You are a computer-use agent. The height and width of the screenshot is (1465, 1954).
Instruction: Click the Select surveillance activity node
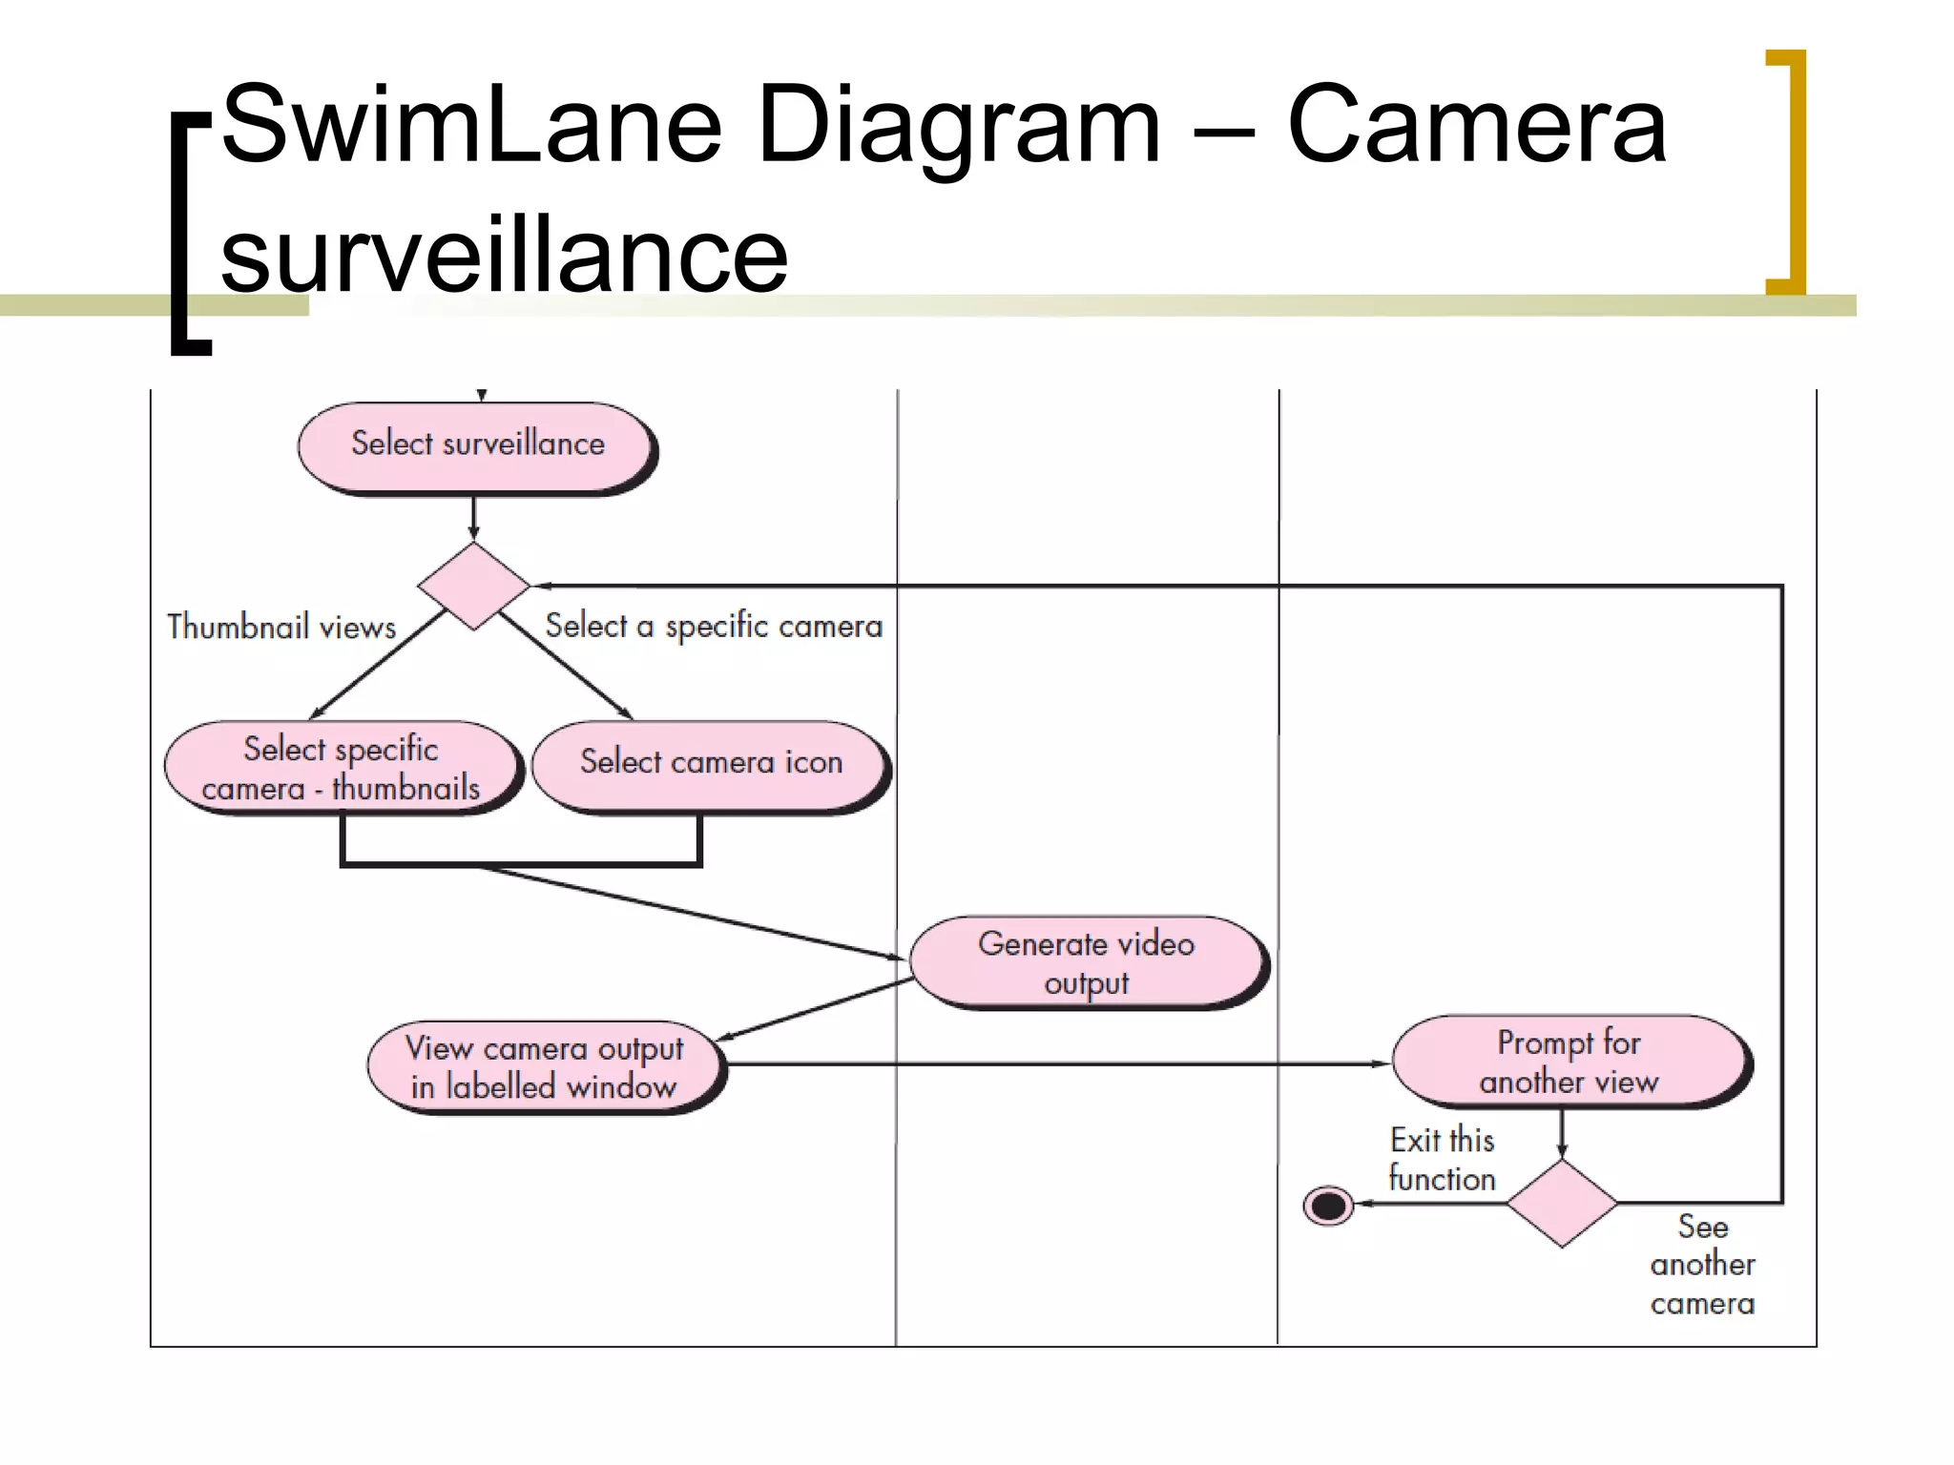(x=477, y=446)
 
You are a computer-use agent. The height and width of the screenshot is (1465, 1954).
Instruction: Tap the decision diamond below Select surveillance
(x=473, y=586)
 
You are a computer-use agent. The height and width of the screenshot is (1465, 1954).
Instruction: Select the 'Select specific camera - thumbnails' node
(x=343, y=768)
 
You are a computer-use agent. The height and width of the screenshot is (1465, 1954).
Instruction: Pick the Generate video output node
(x=1087, y=962)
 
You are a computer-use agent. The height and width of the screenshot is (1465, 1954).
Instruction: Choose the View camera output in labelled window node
(x=544, y=1066)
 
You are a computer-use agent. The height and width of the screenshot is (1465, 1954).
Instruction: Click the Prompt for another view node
(x=1569, y=1061)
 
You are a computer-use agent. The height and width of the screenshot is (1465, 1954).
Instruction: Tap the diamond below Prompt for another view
(x=1562, y=1204)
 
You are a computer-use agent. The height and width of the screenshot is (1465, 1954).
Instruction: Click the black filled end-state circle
(x=1328, y=1206)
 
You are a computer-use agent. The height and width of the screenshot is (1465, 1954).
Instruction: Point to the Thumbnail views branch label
(x=281, y=627)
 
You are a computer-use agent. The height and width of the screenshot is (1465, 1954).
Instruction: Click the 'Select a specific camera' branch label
(x=714, y=627)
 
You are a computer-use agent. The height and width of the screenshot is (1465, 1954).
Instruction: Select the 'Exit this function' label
(x=1442, y=1160)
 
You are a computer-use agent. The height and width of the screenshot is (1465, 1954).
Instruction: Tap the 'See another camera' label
(x=1702, y=1265)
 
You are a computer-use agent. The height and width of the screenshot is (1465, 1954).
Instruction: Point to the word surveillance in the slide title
(x=504, y=256)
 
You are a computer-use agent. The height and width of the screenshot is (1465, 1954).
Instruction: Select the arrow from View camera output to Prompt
(x=1050, y=1063)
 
